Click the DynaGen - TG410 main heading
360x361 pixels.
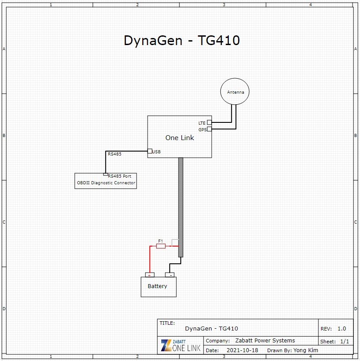click(182, 40)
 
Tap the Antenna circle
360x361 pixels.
click(235, 92)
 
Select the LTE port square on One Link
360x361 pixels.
click(209, 122)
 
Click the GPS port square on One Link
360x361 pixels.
click(209, 129)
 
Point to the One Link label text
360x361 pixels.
click(179, 138)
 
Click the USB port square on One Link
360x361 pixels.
click(150, 151)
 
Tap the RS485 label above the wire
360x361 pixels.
click(114, 154)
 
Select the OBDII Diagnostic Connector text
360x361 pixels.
click(106, 183)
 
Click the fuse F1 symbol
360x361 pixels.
click(161, 246)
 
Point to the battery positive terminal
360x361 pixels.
click(149, 275)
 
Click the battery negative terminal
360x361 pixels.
click(170, 275)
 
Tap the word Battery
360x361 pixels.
click(157, 286)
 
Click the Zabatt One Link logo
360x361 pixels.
click(180, 346)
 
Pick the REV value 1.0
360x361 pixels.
click(341, 329)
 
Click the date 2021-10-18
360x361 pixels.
click(242, 350)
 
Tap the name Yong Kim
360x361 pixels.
click(306, 350)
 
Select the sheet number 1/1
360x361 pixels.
click(345, 342)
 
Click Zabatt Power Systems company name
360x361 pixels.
click(265, 341)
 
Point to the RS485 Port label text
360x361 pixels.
click(119, 176)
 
